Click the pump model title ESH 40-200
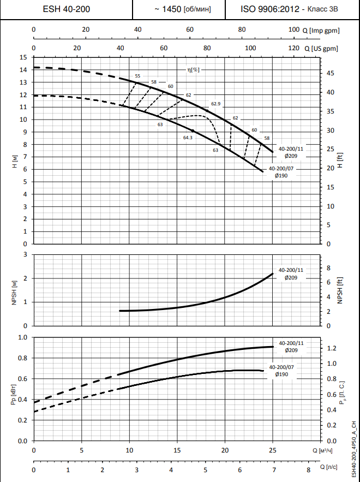click(x=67, y=9)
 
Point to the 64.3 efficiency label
click(x=188, y=138)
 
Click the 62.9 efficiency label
click(x=215, y=104)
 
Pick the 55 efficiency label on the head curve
click(x=137, y=76)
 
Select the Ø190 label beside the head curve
click(x=281, y=176)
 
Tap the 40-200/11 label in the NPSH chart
click(x=290, y=270)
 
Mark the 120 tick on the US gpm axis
click(x=293, y=49)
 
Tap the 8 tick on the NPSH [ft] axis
click(x=328, y=268)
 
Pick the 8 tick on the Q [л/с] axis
click(x=308, y=469)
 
